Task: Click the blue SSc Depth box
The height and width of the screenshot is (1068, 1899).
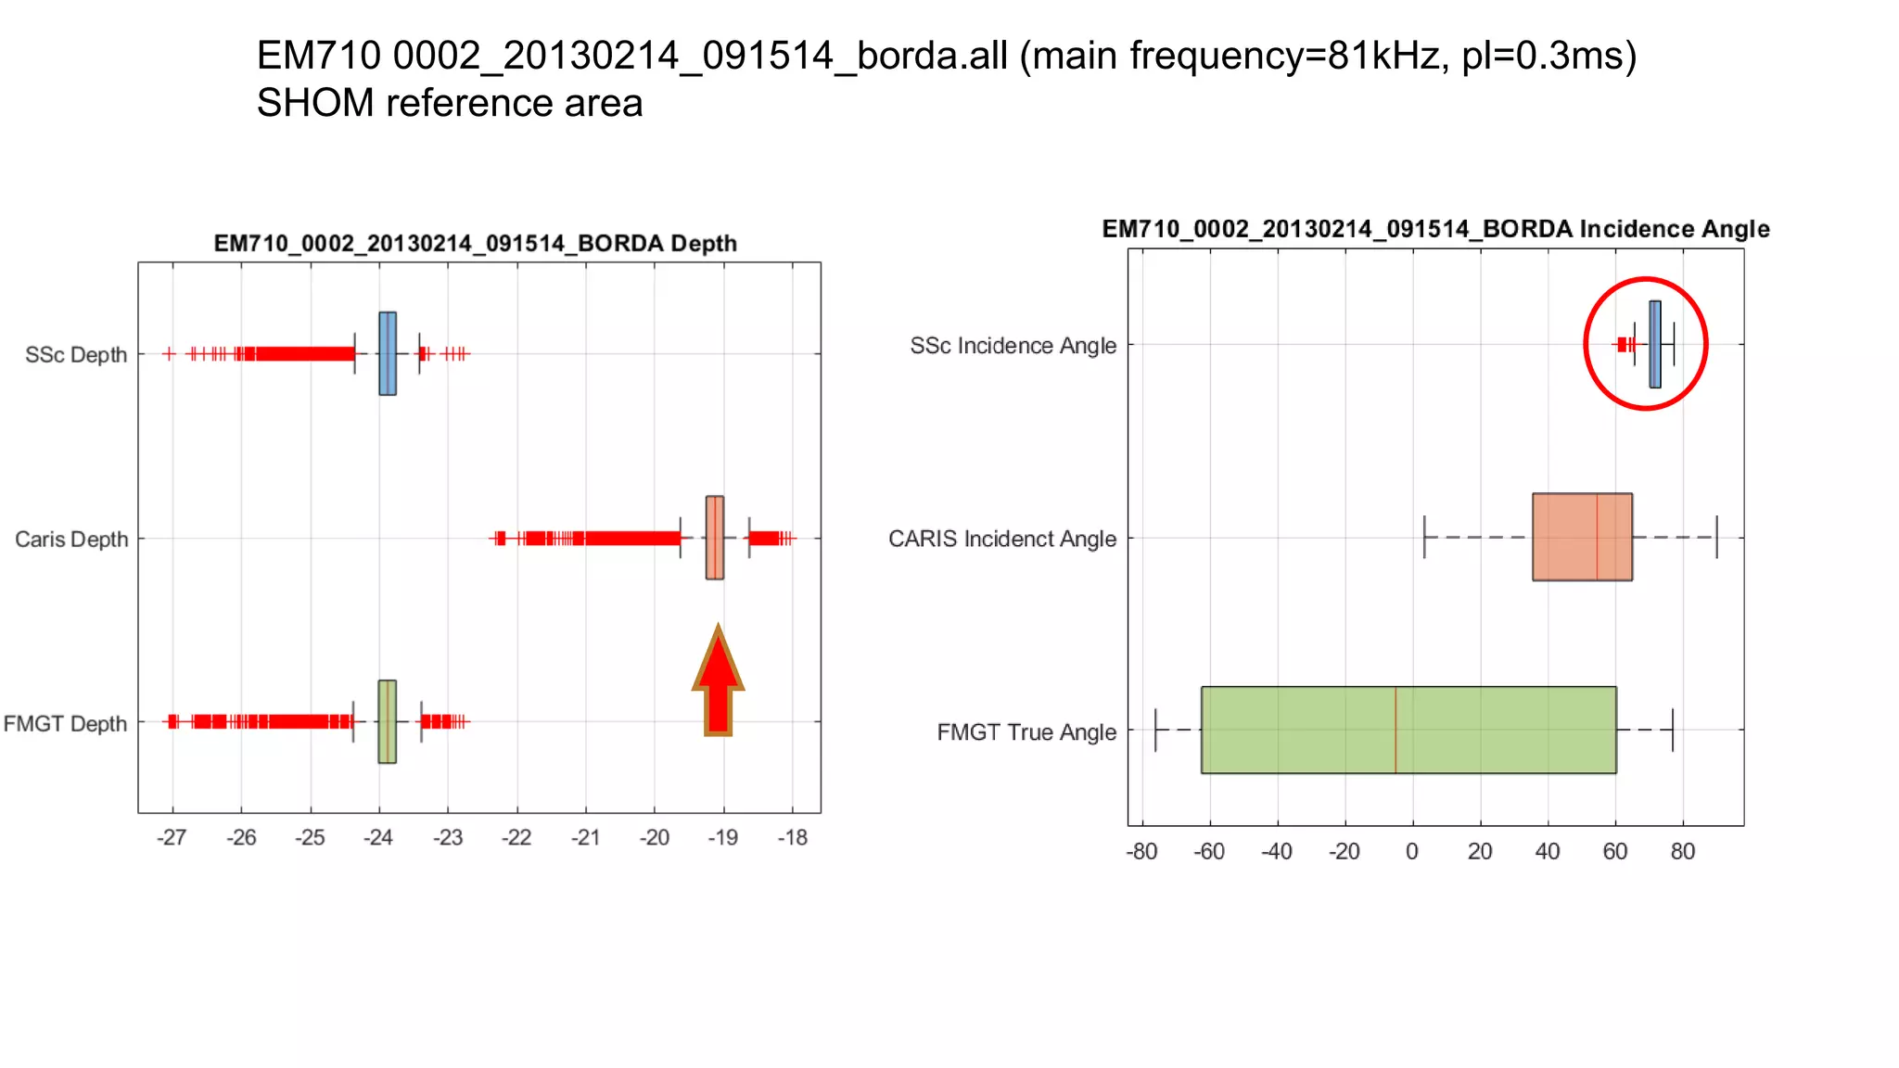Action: (x=388, y=353)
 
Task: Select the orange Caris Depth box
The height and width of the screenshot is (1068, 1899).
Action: (x=715, y=538)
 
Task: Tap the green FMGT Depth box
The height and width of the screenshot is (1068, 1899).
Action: (x=388, y=722)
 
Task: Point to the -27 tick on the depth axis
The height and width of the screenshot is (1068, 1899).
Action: (x=172, y=838)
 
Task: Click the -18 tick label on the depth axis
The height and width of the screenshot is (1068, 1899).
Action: (x=793, y=838)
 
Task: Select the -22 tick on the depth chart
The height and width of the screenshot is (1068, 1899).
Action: (x=516, y=838)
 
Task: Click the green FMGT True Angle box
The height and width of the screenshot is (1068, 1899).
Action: (x=1408, y=730)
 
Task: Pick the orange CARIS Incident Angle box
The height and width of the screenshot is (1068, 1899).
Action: (x=1582, y=537)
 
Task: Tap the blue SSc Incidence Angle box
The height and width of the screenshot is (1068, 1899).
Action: (x=1655, y=344)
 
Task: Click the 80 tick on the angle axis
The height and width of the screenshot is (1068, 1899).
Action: (x=1683, y=852)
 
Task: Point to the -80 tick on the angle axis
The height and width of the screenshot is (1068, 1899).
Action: (x=1141, y=852)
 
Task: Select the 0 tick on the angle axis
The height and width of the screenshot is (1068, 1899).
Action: (x=1412, y=852)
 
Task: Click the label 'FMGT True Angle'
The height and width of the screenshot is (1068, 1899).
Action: (x=1026, y=732)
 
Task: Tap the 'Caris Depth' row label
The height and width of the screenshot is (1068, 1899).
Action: (x=71, y=540)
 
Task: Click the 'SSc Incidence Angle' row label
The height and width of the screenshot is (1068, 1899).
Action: (x=1013, y=346)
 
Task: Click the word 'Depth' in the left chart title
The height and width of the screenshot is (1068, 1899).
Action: (x=704, y=244)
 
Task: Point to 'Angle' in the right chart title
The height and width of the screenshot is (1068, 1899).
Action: (x=1734, y=229)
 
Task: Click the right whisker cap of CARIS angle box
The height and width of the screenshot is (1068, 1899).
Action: (x=1716, y=537)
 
